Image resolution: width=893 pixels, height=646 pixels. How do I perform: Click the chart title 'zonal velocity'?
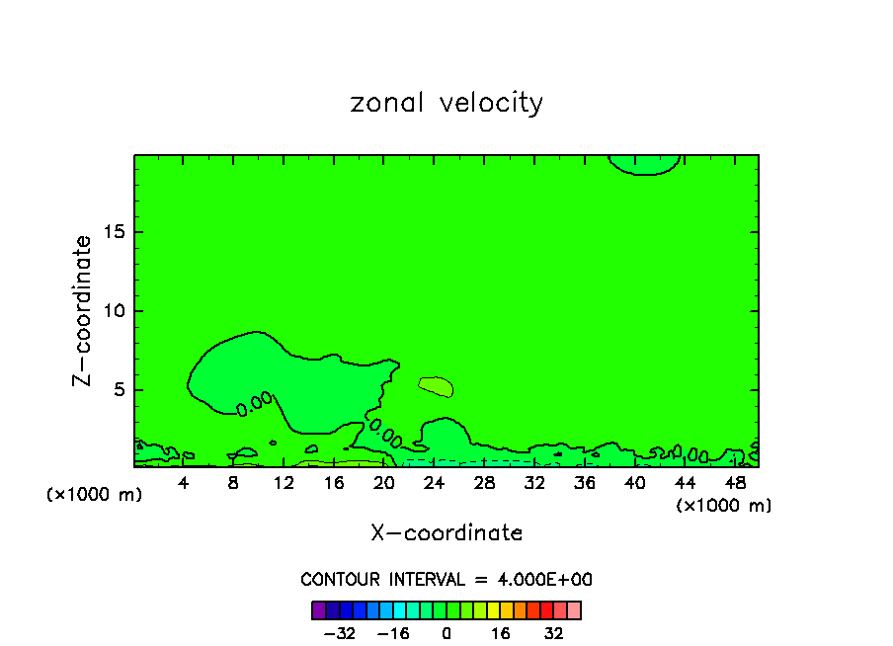[x=446, y=103]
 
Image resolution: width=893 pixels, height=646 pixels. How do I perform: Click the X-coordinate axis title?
[x=446, y=533]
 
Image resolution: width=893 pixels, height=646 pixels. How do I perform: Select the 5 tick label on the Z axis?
[x=118, y=390]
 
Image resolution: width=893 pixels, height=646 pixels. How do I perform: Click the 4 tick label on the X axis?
[x=184, y=483]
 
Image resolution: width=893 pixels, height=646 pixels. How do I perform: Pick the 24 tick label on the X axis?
[x=434, y=483]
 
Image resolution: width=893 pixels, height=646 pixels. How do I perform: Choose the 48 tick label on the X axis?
[x=735, y=483]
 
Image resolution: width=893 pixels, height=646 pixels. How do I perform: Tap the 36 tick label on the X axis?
[x=585, y=483]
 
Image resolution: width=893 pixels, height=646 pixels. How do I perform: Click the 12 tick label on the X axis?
[x=284, y=483]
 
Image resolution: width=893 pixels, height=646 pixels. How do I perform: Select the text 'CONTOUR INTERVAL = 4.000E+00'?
[x=446, y=580]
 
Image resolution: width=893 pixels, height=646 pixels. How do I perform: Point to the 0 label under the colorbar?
[x=446, y=634]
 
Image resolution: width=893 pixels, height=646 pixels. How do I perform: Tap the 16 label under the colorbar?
[x=501, y=634]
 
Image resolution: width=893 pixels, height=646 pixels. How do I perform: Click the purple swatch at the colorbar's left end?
[x=319, y=610]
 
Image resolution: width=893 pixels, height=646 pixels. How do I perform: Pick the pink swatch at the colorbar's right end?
[x=574, y=610]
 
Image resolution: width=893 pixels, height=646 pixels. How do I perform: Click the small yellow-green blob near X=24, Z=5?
[x=436, y=386]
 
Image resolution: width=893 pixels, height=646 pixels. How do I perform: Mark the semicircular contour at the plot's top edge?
[x=644, y=164]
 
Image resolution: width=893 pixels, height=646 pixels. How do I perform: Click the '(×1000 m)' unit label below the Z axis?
[x=95, y=495]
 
